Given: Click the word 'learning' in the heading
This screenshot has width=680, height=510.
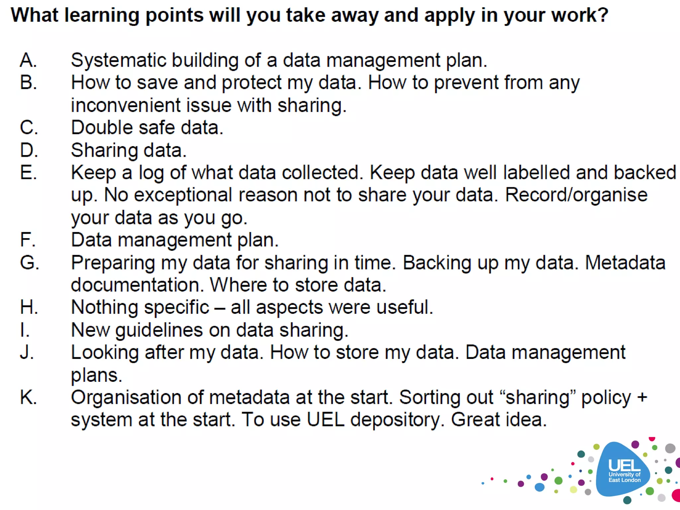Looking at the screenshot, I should [x=101, y=15].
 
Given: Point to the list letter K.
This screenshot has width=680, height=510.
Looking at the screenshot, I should [x=28, y=397].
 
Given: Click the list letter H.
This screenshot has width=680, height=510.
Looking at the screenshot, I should [x=29, y=307].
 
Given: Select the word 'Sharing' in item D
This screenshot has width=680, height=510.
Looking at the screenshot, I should [x=104, y=150].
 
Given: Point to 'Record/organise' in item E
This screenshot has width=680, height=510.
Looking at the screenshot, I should [x=576, y=195].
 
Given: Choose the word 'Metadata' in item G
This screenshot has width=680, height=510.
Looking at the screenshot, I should [x=625, y=263].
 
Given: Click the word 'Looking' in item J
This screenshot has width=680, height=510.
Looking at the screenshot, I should [x=105, y=353].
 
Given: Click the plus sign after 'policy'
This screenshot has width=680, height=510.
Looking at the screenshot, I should [x=642, y=397].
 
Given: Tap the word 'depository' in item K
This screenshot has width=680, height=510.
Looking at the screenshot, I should [x=396, y=420].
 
